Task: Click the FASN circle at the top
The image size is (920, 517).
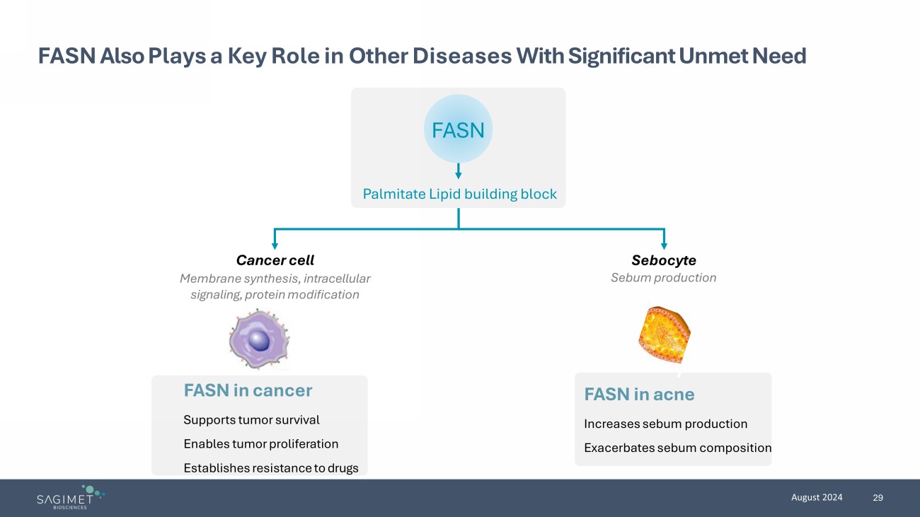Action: (x=458, y=129)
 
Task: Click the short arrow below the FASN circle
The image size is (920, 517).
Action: (x=459, y=171)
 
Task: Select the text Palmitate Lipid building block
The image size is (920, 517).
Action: (x=459, y=194)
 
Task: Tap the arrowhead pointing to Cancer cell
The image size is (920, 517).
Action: (x=275, y=244)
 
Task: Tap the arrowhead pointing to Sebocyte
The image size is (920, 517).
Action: (x=664, y=244)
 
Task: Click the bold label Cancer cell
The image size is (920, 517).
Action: (x=275, y=260)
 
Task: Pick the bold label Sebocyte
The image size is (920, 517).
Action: (x=663, y=260)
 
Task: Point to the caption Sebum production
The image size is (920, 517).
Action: (x=663, y=278)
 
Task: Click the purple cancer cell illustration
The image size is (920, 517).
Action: (x=259, y=339)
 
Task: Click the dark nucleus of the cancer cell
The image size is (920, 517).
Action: (x=260, y=342)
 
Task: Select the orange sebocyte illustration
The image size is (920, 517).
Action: (x=664, y=334)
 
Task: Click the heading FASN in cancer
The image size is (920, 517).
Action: (x=248, y=390)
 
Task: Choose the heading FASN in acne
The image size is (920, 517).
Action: (x=639, y=395)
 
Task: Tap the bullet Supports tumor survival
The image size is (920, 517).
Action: (x=251, y=420)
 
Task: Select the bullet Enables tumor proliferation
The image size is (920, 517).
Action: (x=260, y=444)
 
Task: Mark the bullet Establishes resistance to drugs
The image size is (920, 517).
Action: (x=270, y=468)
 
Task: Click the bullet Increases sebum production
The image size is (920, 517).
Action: (x=665, y=424)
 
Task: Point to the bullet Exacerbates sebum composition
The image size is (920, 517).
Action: (x=677, y=448)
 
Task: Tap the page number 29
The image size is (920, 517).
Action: (x=878, y=498)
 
